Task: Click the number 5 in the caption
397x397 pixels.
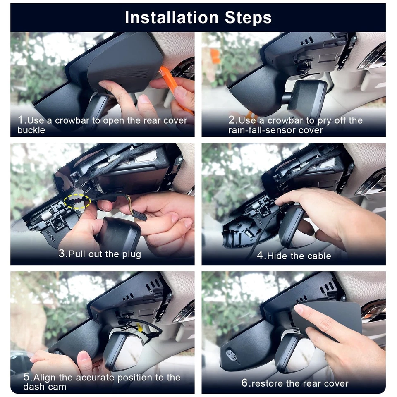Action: tap(26, 378)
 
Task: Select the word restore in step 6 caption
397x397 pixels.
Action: tap(269, 383)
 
